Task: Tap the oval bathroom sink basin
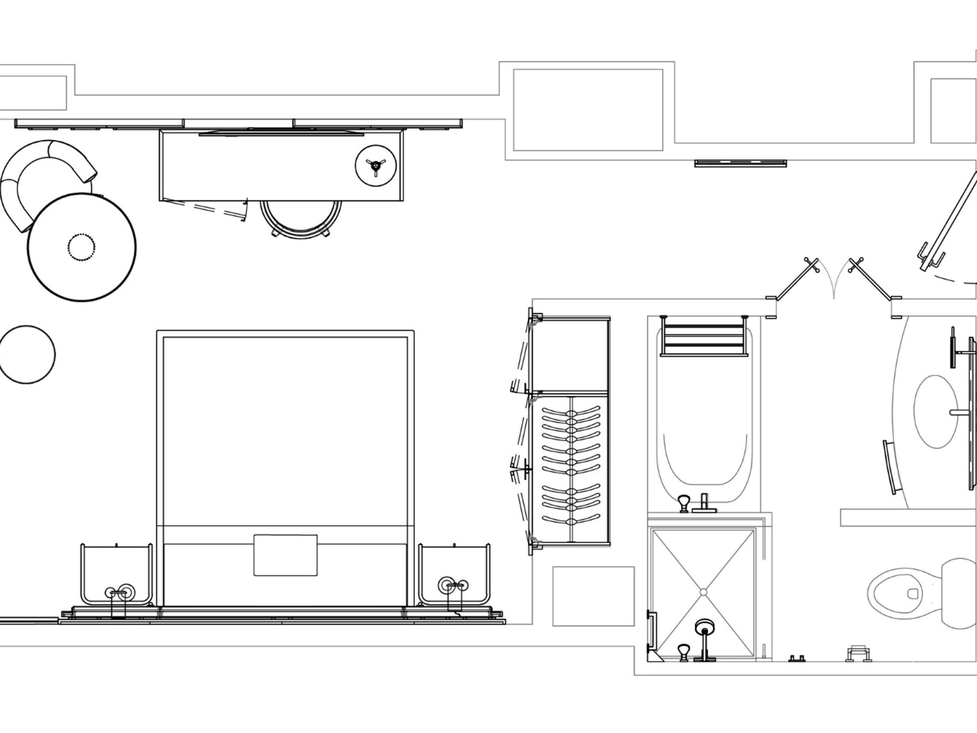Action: pos(936,412)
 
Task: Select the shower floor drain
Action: pos(703,592)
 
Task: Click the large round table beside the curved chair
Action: pos(82,247)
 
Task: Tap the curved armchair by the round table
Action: pos(35,177)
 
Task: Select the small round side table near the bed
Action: pos(26,354)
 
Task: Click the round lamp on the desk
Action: pos(375,165)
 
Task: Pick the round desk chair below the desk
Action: pos(300,219)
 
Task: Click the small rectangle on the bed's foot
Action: pos(285,555)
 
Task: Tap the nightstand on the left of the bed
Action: pos(117,574)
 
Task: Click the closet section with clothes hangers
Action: pos(571,468)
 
